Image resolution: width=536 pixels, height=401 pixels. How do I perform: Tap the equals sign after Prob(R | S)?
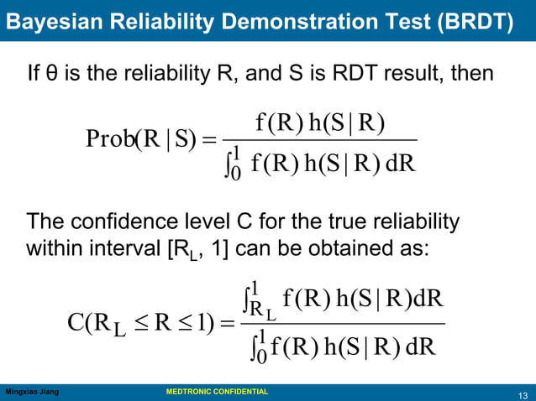[209, 139]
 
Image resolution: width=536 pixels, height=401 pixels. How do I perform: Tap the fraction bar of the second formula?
[343, 324]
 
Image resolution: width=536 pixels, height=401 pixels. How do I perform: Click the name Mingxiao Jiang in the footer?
[32, 392]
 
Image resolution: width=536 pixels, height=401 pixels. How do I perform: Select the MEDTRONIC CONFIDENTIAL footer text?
[217, 392]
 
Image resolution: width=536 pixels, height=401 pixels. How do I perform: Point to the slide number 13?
[523, 394]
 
